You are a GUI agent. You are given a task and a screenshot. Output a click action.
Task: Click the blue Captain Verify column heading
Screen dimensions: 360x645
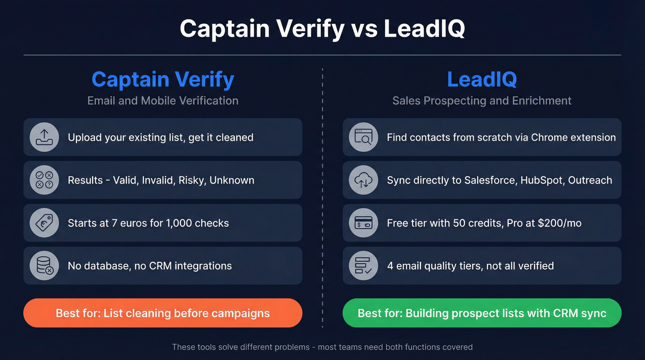(x=163, y=79)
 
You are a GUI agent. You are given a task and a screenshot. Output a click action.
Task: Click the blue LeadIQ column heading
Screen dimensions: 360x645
(x=481, y=79)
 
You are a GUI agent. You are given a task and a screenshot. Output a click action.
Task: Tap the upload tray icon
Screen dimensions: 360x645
(x=45, y=137)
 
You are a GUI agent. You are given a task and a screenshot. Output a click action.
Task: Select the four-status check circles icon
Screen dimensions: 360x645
(x=45, y=180)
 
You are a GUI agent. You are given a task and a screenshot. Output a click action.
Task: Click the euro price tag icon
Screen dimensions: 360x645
(x=45, y=223)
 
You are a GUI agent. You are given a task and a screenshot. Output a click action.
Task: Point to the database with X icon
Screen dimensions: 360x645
(x=45, y=266)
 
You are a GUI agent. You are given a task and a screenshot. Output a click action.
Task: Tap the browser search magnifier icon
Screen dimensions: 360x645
(x=364, y=137)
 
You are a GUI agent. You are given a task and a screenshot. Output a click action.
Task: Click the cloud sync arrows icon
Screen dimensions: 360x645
(x=364, y=180)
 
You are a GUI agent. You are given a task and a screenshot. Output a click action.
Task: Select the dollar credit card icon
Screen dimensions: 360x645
(x=364, y=223)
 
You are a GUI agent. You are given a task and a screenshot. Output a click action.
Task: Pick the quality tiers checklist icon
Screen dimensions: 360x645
(x=364, y=266)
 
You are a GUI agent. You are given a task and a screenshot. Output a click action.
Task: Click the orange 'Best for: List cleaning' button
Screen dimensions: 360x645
(x=163, y=313)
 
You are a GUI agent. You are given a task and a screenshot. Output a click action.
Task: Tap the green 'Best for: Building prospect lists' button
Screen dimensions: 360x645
(x=482, y=313)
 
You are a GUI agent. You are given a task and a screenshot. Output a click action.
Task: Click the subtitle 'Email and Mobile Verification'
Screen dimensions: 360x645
(x=163, y=100)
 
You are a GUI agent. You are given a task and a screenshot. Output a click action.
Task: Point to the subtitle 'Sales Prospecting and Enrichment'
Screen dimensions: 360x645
(x=482, y=100)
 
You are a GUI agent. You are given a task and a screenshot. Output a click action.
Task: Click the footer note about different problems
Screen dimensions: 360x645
(x=322, y=347)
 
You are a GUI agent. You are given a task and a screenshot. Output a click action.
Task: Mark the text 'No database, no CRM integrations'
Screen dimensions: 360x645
(x=150, y=266)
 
